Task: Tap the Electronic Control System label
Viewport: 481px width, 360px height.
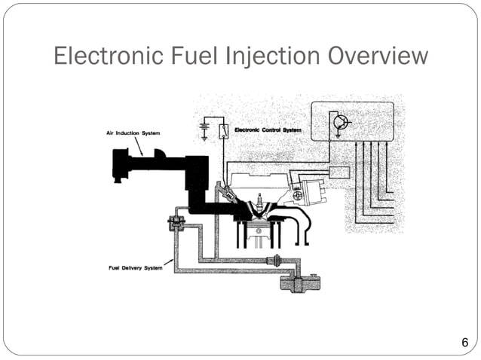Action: point(268,130)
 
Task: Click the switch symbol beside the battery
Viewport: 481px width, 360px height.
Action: point(224,132)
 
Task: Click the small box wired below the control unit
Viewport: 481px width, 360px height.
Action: point(339,172)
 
